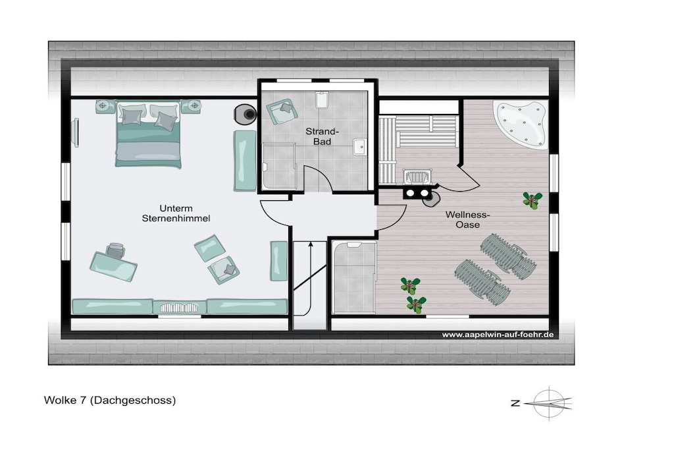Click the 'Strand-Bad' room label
322,136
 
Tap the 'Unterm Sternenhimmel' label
176,213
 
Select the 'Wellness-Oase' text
468,219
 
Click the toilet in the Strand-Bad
321,99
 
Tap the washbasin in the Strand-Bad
359,147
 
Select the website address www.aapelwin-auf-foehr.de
498,335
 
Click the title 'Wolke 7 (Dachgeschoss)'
110,400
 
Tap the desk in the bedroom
113,266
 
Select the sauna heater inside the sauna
417,177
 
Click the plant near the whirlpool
532,200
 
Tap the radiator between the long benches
179,308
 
